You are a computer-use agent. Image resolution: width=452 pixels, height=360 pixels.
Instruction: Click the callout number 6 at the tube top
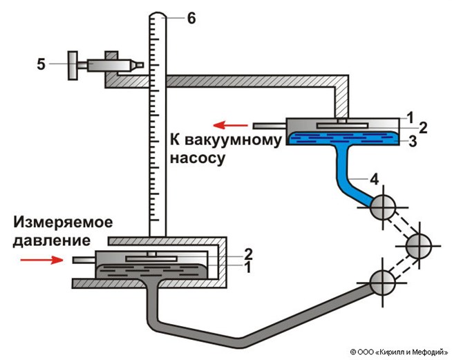coord(191,18)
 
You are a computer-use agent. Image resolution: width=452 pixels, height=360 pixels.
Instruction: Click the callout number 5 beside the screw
coord(42,65)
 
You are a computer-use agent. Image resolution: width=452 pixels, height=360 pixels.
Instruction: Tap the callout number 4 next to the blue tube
coord(374,180)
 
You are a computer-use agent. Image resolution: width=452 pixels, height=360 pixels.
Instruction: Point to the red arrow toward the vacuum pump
coord(230,125)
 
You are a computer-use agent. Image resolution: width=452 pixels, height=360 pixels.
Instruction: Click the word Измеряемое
coord(62,225)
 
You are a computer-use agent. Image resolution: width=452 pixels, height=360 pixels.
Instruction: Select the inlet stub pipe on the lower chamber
coord(82,260)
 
